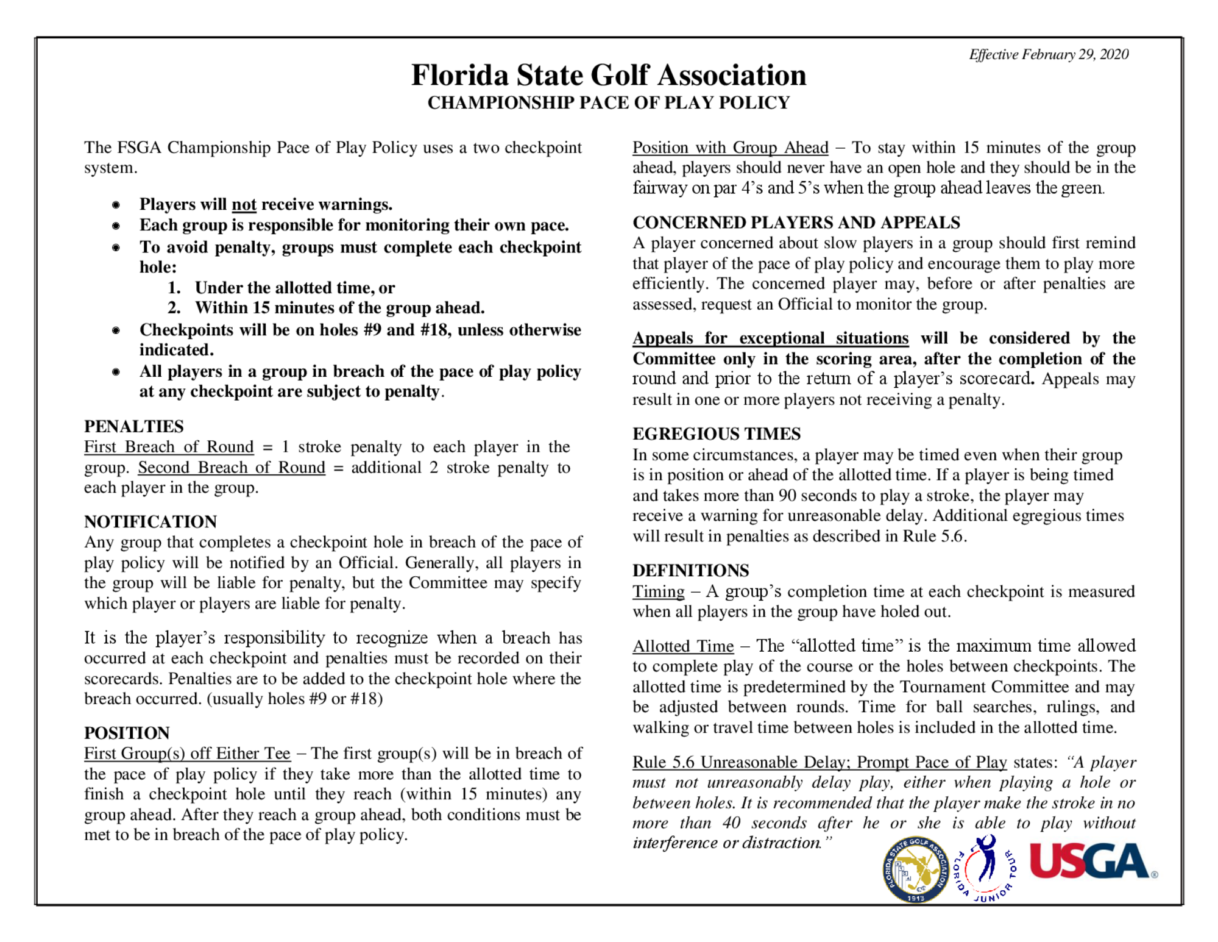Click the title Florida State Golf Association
(608, 76)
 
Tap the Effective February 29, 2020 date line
(1049, 54)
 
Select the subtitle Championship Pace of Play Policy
(608, 102)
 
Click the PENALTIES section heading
(133, 426)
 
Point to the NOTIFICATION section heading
(150, 521)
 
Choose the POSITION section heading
(127, 732)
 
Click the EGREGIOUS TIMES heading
(717, 434)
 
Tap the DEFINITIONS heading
(690, 570)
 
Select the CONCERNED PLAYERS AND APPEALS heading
(796, 222)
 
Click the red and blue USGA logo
(1092, 861)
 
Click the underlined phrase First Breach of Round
(169, 447)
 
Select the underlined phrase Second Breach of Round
(232, 468)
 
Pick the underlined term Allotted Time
(683, 646)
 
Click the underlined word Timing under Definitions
(658, 591)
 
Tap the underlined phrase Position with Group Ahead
(730, 148)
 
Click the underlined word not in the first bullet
(244, 204)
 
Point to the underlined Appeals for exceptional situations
(770, 338)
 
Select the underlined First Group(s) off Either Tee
(187, 754)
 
